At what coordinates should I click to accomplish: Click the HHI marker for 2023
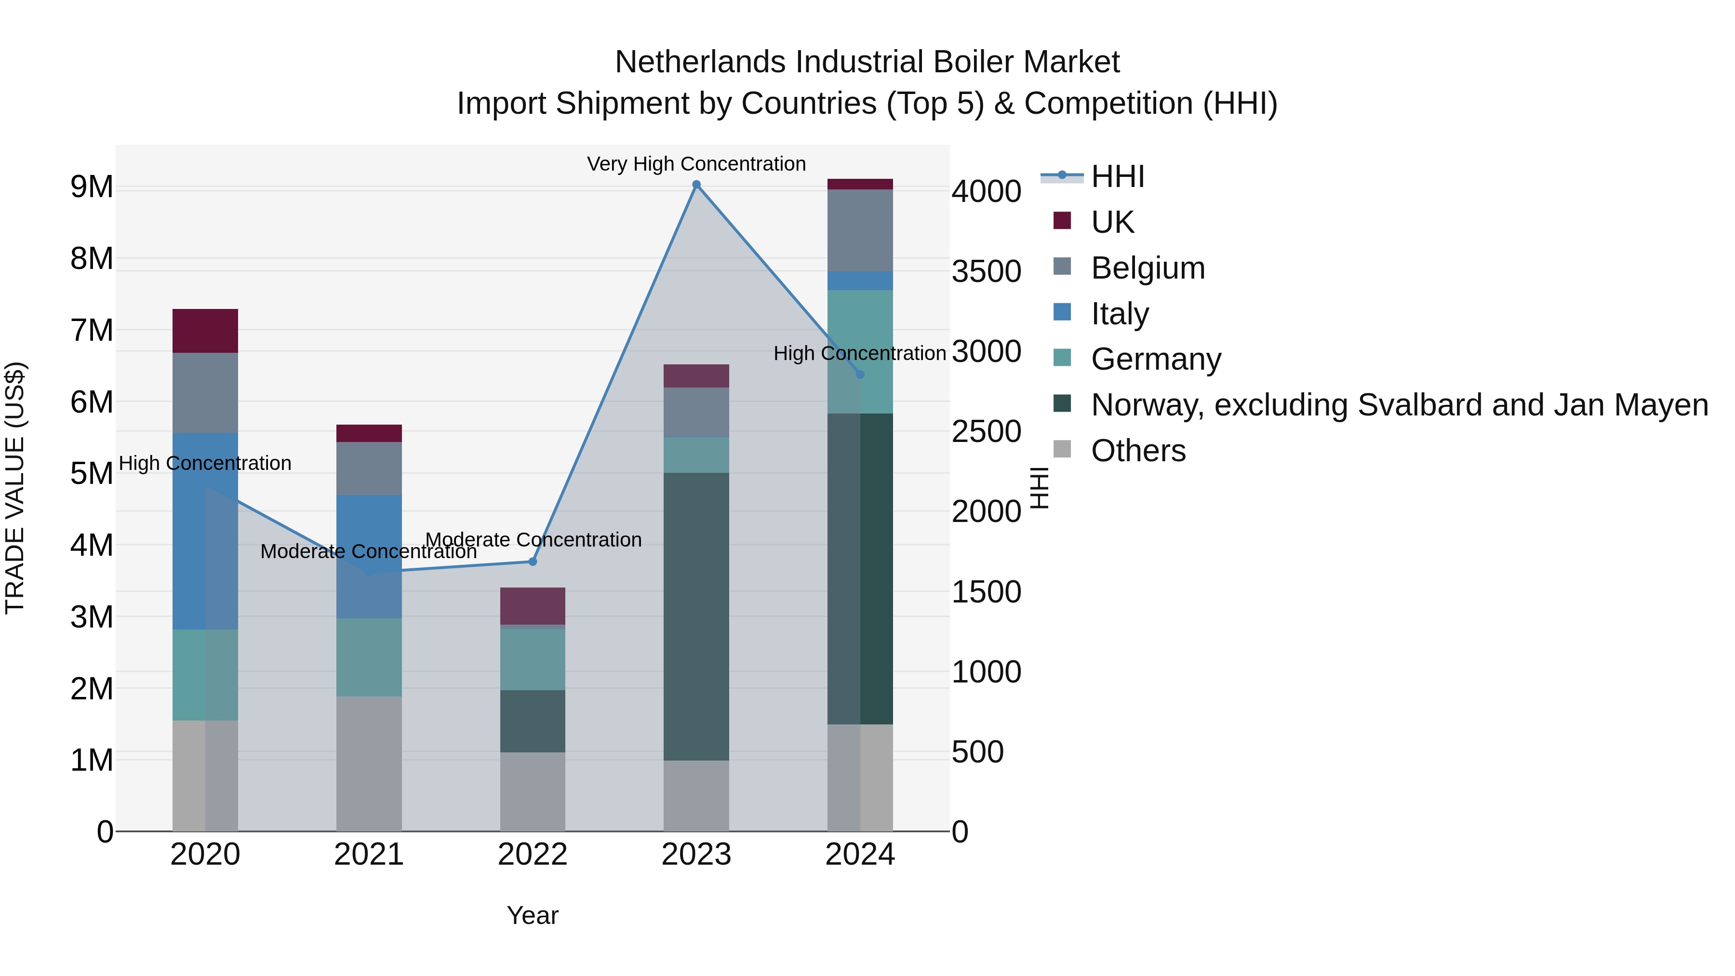click(x=696, y=185)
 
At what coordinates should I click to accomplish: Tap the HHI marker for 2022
click(x=532, y=561)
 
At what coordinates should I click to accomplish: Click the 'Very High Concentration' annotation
click(x=696, y=164)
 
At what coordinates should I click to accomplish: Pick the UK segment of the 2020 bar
click(x=205, y=331)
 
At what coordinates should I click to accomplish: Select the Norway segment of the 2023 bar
click(x=696, y=616)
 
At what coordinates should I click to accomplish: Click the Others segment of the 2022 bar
click(x=532, y=791)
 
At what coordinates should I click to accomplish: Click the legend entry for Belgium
click(x=1147, y=268)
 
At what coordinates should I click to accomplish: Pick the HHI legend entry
click(x=1117, y=176)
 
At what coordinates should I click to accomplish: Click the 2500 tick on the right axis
click(x=986, y=432)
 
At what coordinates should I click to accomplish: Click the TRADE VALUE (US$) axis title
click(x=15, y=488)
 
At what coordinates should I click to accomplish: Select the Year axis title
click(x=532, y=915)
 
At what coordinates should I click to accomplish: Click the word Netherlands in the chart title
click(x=700, y=62)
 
